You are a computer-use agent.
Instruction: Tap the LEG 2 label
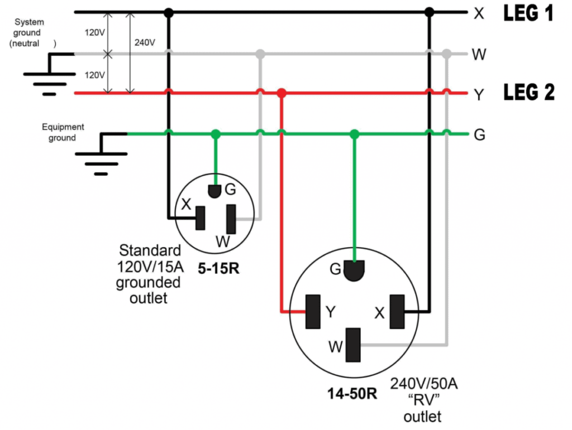coord(529,93)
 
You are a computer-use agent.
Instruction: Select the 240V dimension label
coord(145,42)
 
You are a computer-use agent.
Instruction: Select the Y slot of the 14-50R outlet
coord(312,311)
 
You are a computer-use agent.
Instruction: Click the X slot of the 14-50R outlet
coord(397,311)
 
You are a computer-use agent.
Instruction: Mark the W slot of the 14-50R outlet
coord(354,345)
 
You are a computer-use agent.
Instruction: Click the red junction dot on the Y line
coord(282,93)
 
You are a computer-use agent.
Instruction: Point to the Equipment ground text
coord(63,132)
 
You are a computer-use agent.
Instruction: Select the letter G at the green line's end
coord(479,134)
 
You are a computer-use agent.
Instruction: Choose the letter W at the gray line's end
coord(479,55)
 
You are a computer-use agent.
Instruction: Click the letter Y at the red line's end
coord(479,95)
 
